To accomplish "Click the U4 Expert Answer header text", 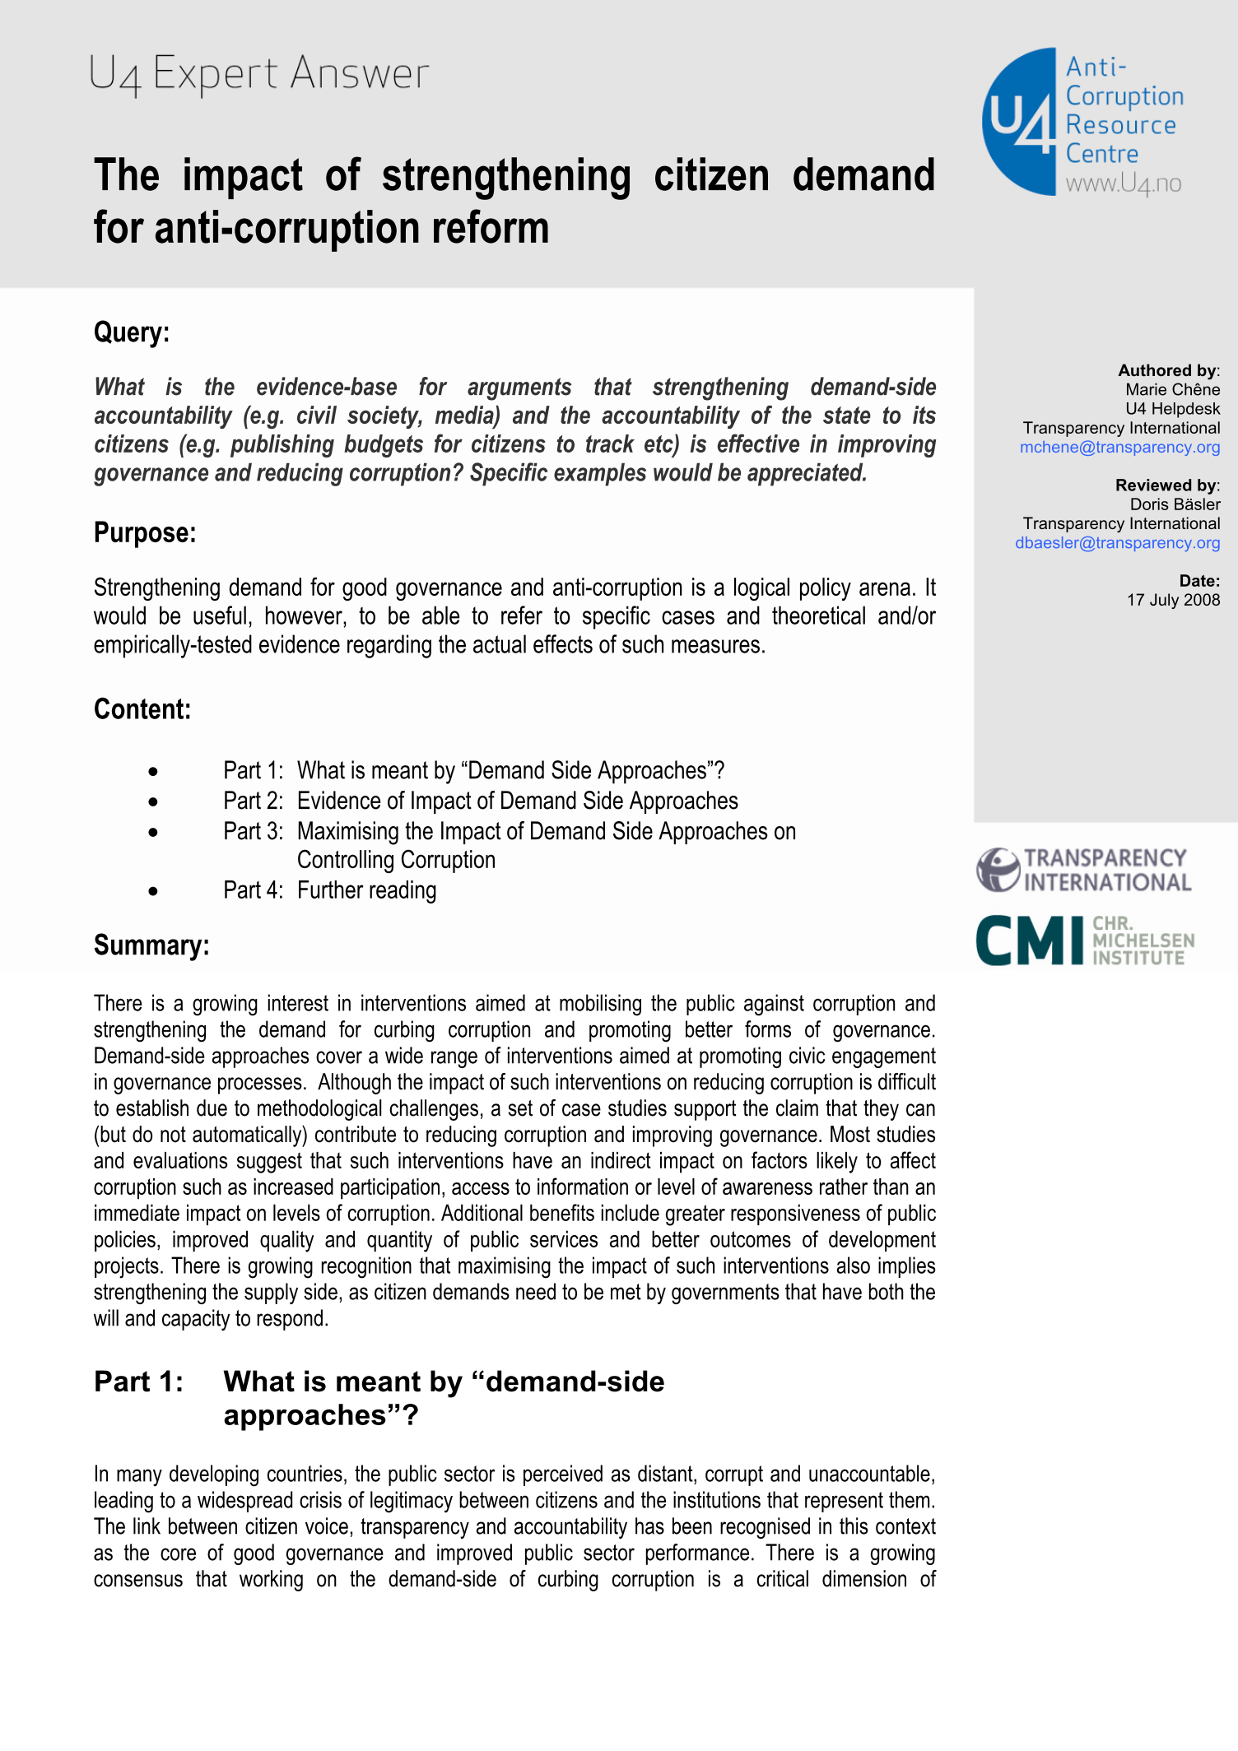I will (x=258, y=74).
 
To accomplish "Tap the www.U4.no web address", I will (x=1124, y=183).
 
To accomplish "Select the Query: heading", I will (x=132, y=332).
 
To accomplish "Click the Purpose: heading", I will (x=145, y=533).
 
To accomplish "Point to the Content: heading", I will (x=142, y=709).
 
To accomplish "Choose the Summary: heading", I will (x=151, y=945).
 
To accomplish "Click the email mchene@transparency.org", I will (x=1119, y=448).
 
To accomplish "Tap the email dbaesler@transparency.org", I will (x=1117, y=543).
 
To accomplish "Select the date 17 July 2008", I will (x=1173, y=600).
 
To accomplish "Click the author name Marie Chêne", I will (x=1172, y=390).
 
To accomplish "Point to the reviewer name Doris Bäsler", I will (x=1175, y=504).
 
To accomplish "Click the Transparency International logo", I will (x=1083, y=871).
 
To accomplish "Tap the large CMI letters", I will (x=1030, y=940).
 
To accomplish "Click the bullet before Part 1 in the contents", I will (x=153, y=772).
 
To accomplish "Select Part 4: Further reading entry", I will (x=329, y=890).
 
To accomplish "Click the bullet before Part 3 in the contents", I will (x=153, y=833).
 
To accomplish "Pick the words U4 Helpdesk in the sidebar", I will (x=1172, y=409).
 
